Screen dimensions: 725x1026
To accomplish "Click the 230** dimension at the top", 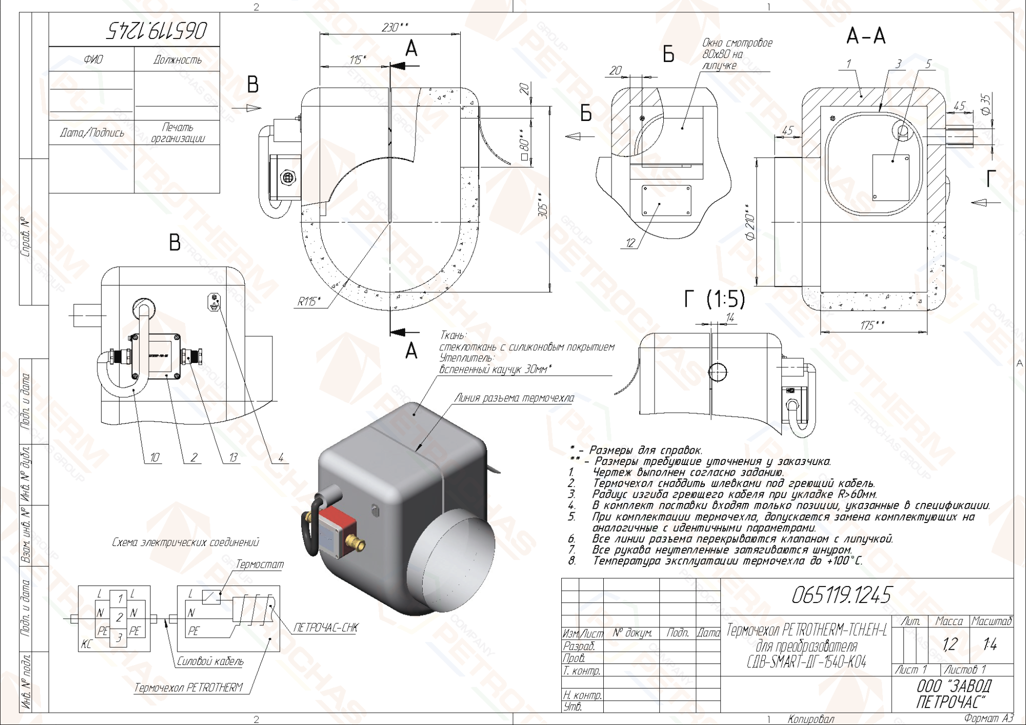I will click(x=394, y=27).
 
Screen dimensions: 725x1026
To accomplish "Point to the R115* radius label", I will click(x=309, y=301).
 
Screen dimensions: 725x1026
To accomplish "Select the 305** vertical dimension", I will click(x=543, y=205).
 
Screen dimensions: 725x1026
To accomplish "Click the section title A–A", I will click(x=866, y=36).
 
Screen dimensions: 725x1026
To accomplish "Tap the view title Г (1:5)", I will click(x=715, y=299).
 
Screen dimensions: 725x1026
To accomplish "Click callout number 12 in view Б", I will click(x=630, y=243).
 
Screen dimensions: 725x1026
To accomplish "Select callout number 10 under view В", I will click(x=154, y=457).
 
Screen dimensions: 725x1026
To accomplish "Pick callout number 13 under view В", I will click(x=233, y=457).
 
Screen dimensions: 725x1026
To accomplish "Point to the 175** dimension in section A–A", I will click(x=872, y=325).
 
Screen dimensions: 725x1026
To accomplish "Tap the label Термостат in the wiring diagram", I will click(x=260, y=565).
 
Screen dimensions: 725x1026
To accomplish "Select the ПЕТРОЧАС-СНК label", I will click(x=326, y=628).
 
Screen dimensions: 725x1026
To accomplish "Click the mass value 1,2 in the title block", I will click(x=950, y=644).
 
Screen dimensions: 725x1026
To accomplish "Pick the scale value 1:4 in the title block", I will click(x=990, y=644).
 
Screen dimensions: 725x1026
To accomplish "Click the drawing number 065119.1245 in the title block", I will click(x=841, y=595).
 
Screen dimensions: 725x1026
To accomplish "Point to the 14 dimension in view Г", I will click(x=730, y=318).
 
